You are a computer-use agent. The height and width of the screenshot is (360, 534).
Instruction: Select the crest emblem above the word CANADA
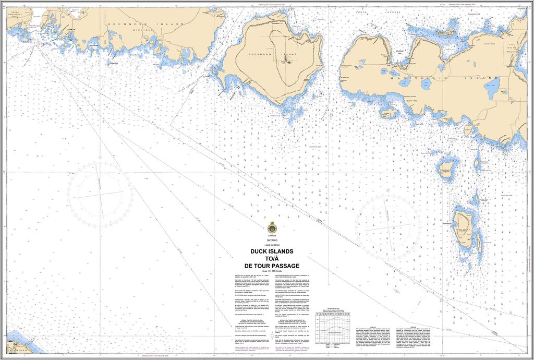pyautogui.click(x=271, y=228)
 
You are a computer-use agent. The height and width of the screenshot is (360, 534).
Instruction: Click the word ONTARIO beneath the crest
pyautogui.click(x=272, y=240)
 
